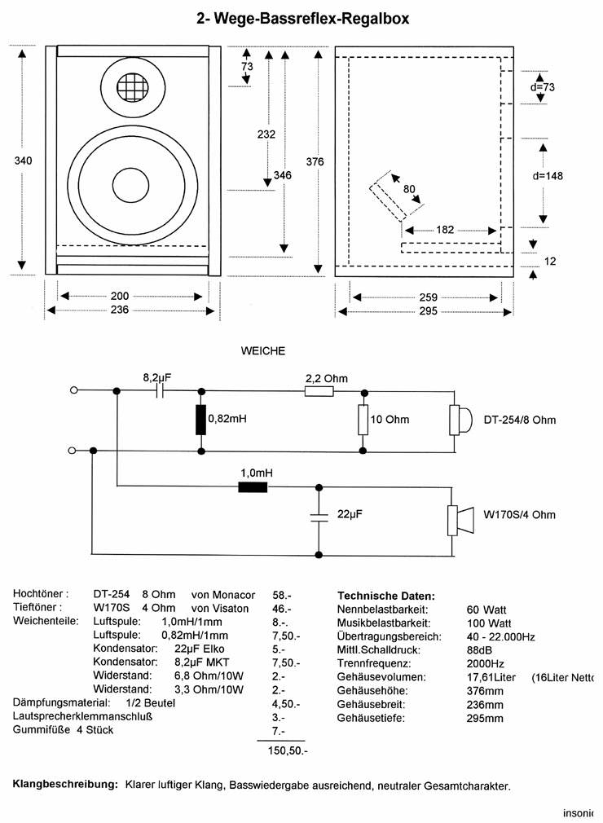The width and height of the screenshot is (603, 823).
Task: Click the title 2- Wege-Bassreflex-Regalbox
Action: tap(303, 17)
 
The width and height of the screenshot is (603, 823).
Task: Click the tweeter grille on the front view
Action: tap(134, 86)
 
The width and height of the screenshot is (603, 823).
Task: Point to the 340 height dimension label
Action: tap(23, 161)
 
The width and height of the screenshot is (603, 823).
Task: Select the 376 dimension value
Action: tap(315, 161)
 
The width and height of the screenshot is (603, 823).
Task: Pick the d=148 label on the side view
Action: tap(548, 175)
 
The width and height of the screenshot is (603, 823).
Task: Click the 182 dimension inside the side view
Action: tap(445, 231)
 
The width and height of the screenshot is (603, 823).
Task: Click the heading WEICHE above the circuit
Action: tap(262, 351)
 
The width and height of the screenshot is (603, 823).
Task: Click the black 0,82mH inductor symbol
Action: tap(200, 420)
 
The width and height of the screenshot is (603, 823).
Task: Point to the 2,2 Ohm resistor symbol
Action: tap(319, 390)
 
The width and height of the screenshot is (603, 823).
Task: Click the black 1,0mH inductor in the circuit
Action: tap(252, 487)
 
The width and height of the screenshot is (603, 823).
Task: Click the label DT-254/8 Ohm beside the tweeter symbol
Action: tap(520, 420)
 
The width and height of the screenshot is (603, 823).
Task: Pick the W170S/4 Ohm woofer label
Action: tap(520, 514)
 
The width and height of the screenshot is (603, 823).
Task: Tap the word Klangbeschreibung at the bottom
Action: tap(65, 786)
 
